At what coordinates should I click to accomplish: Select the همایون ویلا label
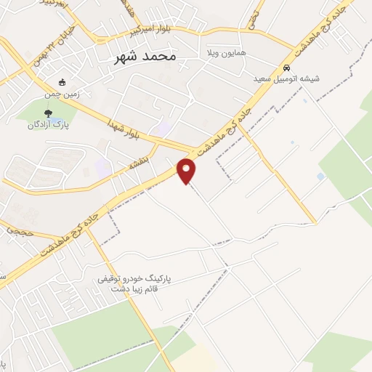pyautogui.click(x=223, y=54)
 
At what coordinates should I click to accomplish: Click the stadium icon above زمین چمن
pyautogui.click(x=62, y=82)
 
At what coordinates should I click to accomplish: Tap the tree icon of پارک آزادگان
pyautogui.click(x=48, y=113)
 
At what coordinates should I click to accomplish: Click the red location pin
pyautogui.click(x=187, y=171)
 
